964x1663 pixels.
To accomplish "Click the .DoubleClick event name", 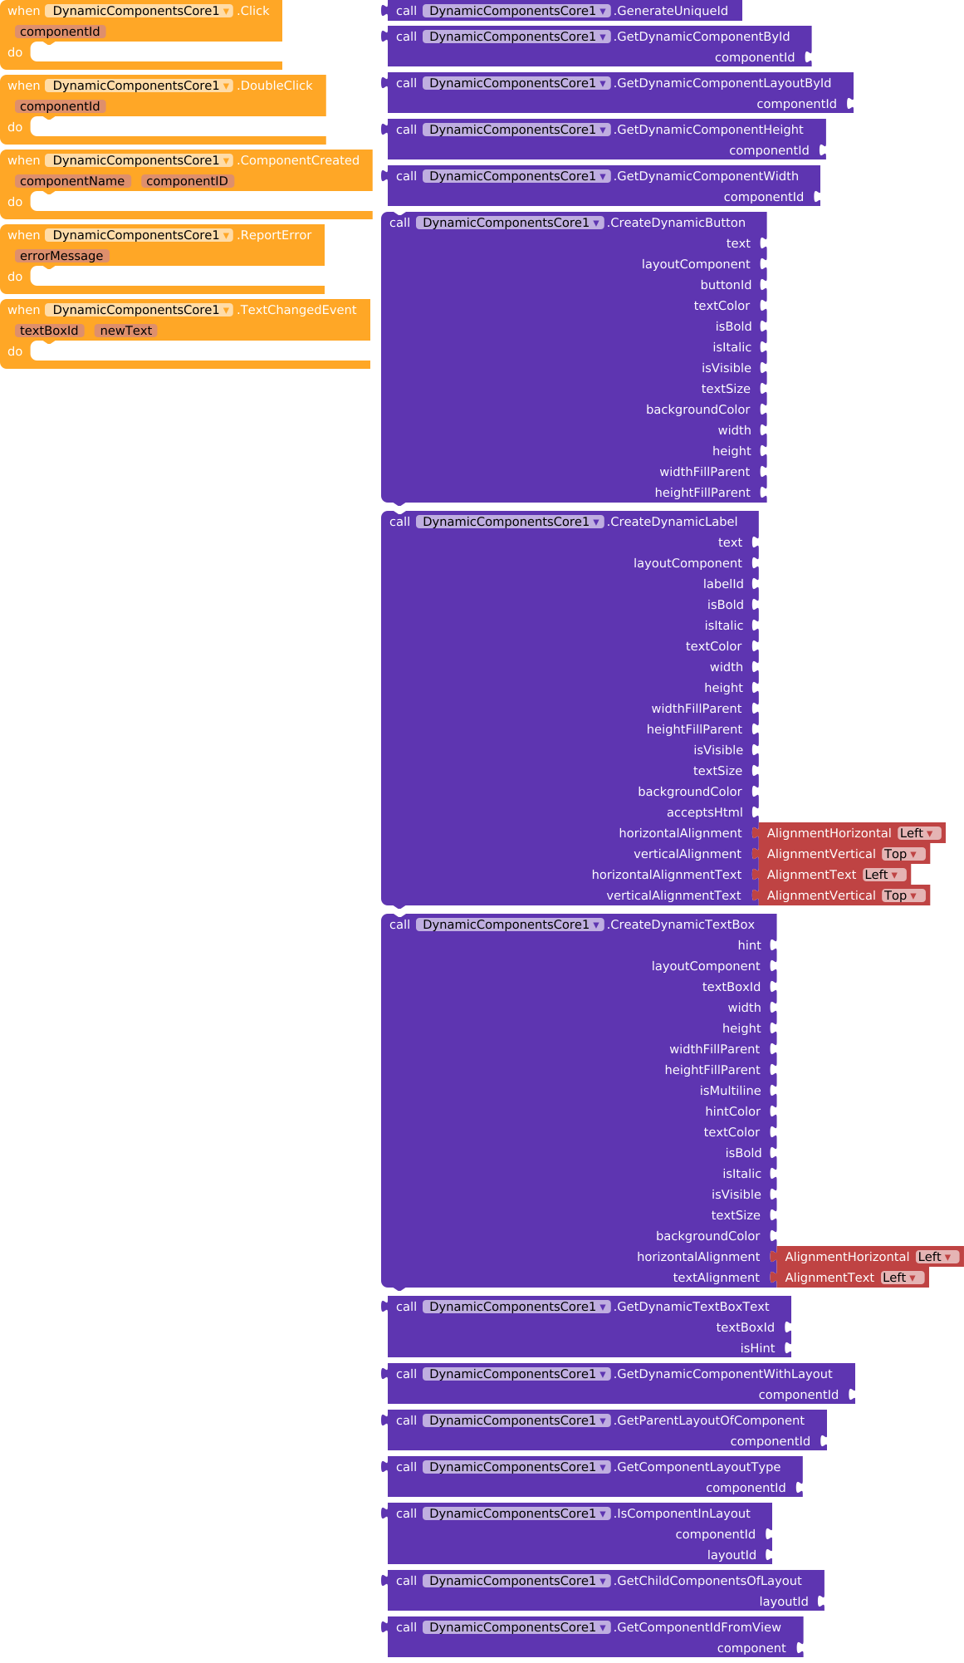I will pos(276,86).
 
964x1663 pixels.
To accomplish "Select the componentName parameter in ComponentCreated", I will pos(72,181).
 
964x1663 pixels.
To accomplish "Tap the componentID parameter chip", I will pos(187,181).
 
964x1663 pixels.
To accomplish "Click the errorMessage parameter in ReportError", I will pos(61,256).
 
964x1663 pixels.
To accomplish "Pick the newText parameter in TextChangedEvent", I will pos(126,331).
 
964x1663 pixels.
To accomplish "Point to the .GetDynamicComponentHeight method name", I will pos(709,130).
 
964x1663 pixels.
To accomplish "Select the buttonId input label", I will pos(726,285).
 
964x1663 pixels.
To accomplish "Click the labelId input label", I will pos(723,584).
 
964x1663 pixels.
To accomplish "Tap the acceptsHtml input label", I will pos(704,812).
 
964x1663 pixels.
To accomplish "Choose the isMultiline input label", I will pos(730,1091).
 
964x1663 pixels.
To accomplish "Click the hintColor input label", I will pos(732,1111).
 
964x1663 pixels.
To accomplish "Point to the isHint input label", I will pos(757,1348).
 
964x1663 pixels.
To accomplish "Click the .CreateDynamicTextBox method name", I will pos(682,925).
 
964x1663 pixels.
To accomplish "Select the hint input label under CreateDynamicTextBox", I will pos(749,945).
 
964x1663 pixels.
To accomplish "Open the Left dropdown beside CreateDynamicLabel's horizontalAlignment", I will pos(918,833).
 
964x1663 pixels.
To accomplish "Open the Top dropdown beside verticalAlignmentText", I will pos(902,895).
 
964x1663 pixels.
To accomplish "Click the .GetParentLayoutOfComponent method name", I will pos(710,1420).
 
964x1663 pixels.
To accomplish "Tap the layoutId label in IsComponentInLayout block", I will pos(732,1555).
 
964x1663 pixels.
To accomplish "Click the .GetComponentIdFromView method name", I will pos(698,1627).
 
